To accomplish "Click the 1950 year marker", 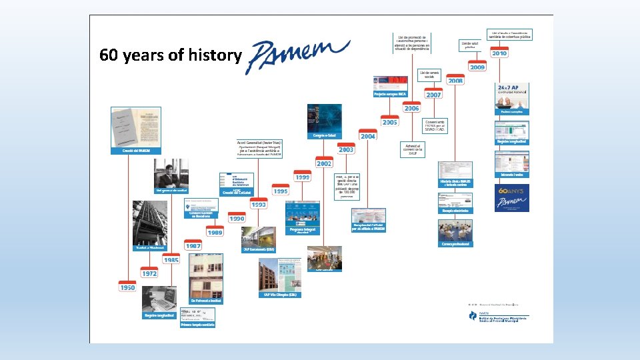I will pyautogui.click(x=127, y=287).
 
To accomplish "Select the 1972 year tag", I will pyautogui.click(x=149, y=273).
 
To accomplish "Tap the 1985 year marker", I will pyautogui.click(x=171, y=259).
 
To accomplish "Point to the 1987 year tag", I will pyautogui.click(x=193, y=245).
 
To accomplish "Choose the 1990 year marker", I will pyautogui.click(x=237, y=218).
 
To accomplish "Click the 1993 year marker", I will pyautogui.click(x=259, y=204).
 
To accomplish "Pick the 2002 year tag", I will pyautogui.click(x=324, y=163).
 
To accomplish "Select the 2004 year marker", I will pyautogui.click(x=367, y=135).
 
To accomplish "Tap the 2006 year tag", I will pyautogui.click(x=411, y=108).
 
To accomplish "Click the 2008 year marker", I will pyautogui.click(x=455, y=81).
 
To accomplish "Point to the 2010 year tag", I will pyautogui.click(x=499, y=53).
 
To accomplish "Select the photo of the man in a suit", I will pyautogui.click(x=171, y=173).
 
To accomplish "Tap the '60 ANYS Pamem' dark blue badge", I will pyautogui.click(x=512, y=198).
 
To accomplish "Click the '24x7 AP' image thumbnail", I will pyautogui.click(x=512, y=97).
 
